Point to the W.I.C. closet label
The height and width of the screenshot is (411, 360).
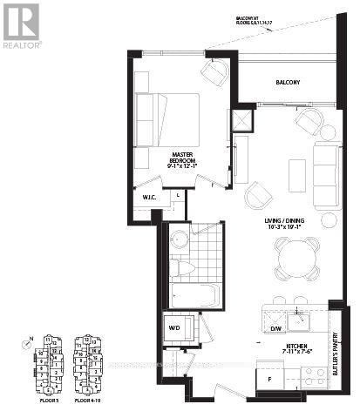tap(149, 198)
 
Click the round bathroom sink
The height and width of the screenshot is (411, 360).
tap(180, 239)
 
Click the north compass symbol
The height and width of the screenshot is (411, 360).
tap(28, 346)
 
